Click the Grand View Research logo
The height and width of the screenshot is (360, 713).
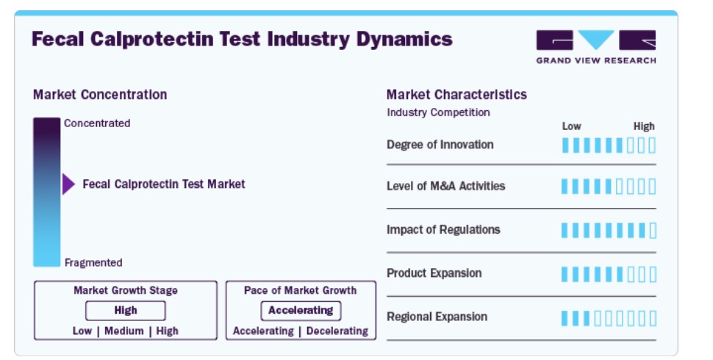click(x=595, y=47)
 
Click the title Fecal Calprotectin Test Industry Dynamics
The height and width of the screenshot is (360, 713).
click(x=242, y=40)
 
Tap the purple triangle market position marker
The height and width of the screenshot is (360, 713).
click(x=68, y=184)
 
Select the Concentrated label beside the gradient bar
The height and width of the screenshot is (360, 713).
click(x=97, y=123)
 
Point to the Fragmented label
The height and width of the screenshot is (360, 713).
click(x=93, y=263)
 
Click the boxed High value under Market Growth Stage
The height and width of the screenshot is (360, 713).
click(x=126, y=311)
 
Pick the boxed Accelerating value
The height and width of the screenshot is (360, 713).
click(x=301, y=311)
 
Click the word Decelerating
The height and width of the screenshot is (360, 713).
click(x=337, y=331)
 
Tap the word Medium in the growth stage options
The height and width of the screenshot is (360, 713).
click(x=123, y=331)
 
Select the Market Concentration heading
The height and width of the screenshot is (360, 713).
click(x=100, y=95)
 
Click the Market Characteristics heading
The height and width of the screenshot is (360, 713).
click(x=456, y=95)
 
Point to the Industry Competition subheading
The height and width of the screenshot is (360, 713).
click(x=438, y=112)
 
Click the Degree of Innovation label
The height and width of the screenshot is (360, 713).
click(x=440, y=145)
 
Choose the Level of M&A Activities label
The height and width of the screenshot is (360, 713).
click(x=445, y=186)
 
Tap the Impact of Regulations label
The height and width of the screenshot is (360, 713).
click(x=443, y=229)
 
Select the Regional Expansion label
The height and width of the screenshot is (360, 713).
click(x=437, y=317)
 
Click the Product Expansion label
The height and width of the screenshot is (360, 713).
click(x=434, y=273)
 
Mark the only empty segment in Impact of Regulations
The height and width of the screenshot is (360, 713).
click(x=653, y=231)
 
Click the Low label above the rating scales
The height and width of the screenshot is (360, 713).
click(x=572, y=126)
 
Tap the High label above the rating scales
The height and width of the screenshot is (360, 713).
click(x=644, y=126)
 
